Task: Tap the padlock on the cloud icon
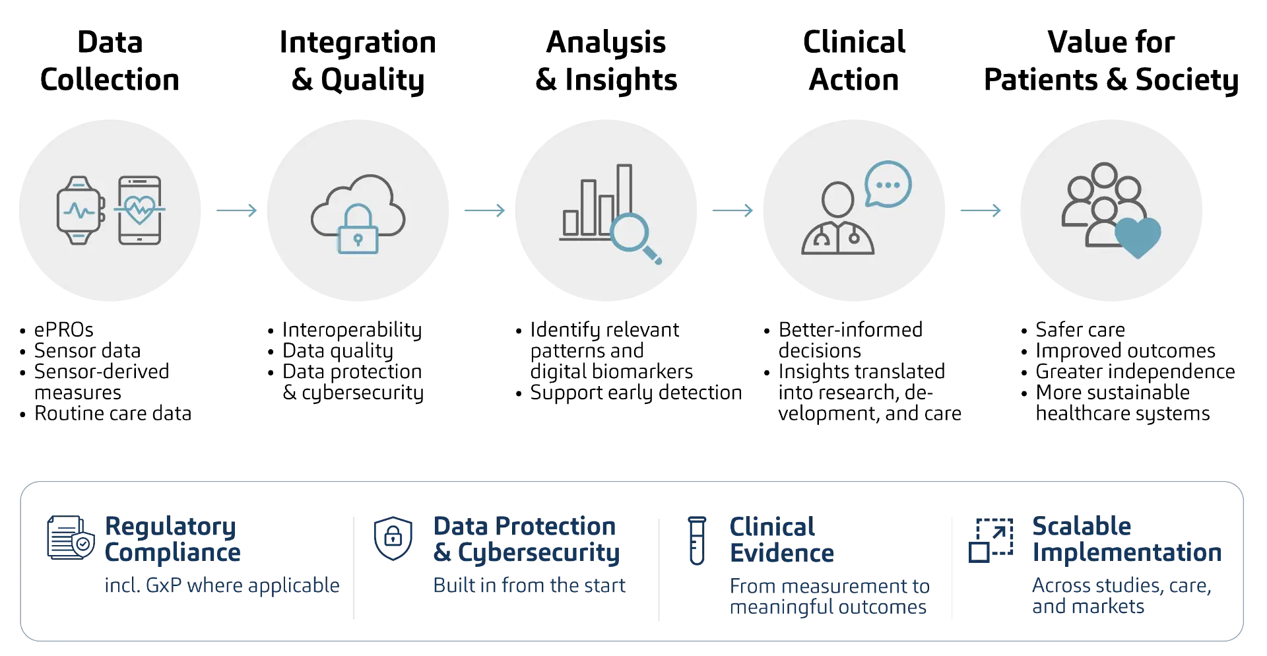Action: (358, 229)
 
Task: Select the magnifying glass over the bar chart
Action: (635, 238)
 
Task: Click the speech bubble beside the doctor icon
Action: (888, 184)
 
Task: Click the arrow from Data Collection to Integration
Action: (236, 211)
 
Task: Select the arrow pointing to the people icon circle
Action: (981, 211)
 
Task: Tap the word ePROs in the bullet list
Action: (64, 329)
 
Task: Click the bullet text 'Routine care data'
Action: (113, 414)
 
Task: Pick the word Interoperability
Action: (352, 330)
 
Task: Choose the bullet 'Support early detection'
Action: (636, 393)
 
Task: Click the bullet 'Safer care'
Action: (1080, 329)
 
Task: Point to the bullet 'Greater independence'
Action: (1135, 372)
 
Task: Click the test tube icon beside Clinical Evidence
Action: (697, 541)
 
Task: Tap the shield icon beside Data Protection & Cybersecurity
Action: (393, 539)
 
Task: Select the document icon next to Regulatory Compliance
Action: (70, 538)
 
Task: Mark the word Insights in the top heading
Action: (621, 81)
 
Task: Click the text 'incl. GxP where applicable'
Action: (222, 585)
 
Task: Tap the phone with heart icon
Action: (140, 211)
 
